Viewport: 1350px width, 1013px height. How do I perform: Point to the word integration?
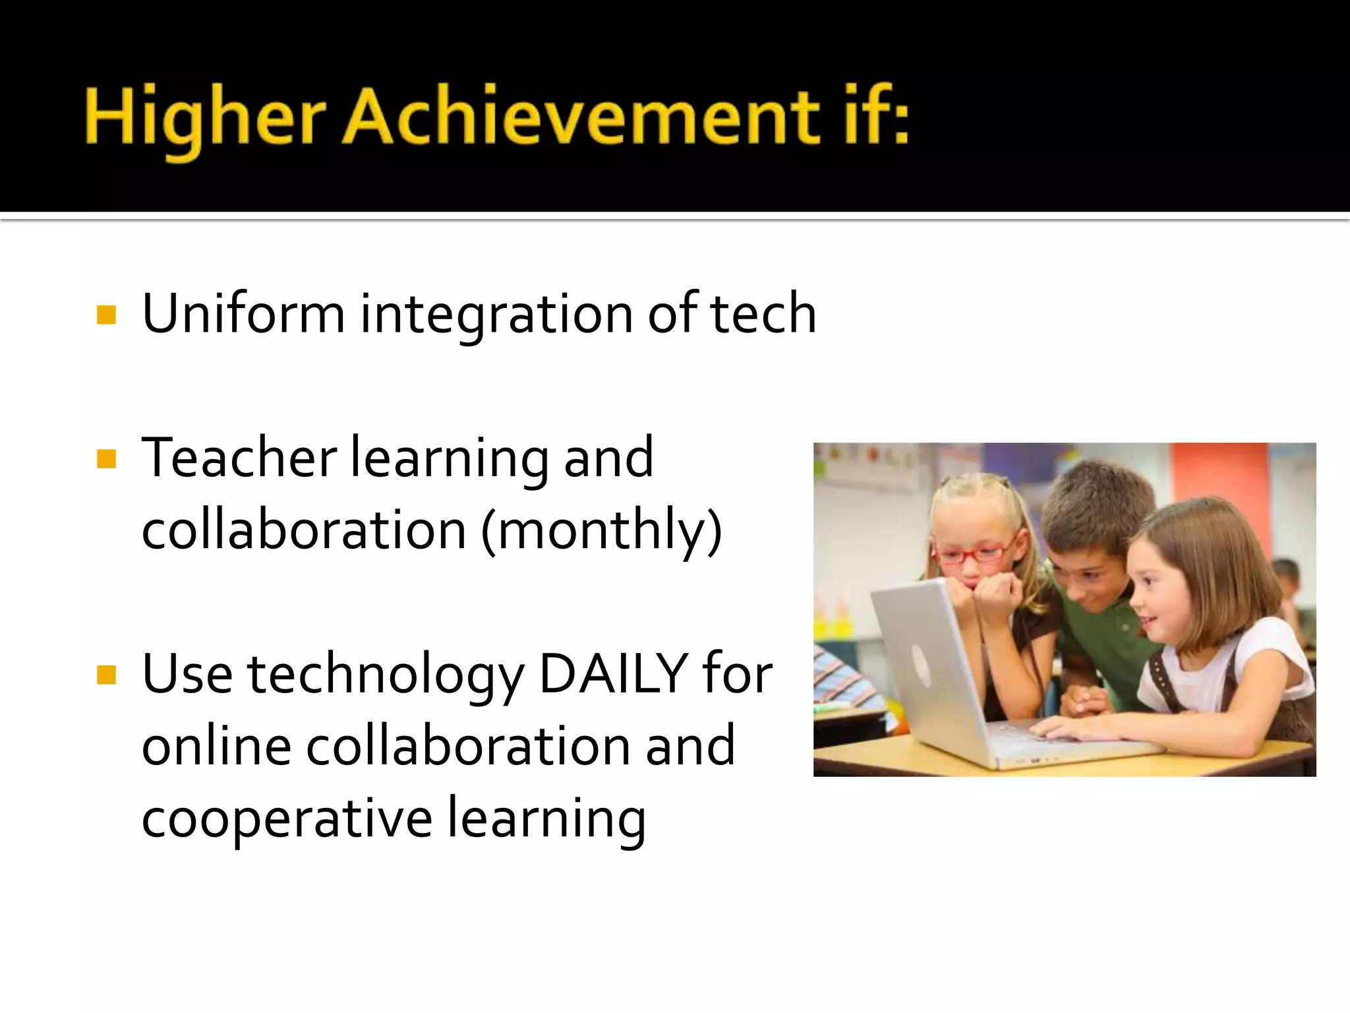(x=496, y=315)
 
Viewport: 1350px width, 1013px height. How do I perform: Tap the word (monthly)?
(x=601, y=531)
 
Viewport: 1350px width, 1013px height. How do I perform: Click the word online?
(x=216, y=746)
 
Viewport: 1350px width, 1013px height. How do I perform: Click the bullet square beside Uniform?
(x=106, y=315)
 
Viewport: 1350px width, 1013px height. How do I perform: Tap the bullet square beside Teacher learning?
(x=106, y=458)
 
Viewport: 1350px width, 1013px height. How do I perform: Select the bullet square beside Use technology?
(x=106, y=675)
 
